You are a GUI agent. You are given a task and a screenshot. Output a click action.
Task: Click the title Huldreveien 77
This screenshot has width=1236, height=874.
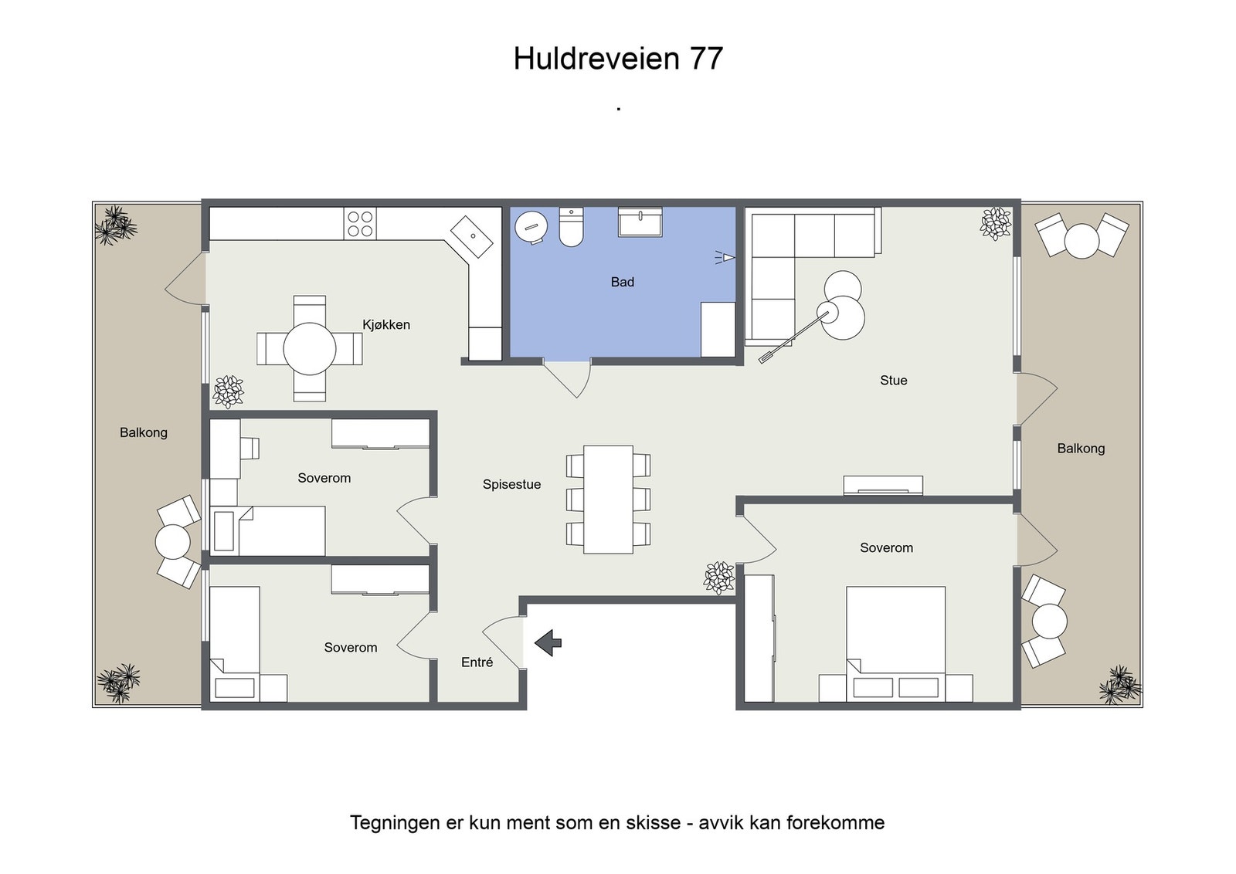pyautogui.click(x=618, y=59)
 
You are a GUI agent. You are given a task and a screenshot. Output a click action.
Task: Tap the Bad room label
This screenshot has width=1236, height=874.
pyautogui.click(x=622, y=283)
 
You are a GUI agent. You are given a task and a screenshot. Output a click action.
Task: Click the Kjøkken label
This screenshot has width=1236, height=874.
pyautogui.click(x=386, y=325)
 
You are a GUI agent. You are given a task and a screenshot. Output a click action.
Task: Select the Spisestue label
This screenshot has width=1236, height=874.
pyautogui.click(x=511, y=485)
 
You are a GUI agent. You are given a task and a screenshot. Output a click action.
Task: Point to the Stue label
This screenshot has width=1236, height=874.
pyautogui.click(x=893, y=381)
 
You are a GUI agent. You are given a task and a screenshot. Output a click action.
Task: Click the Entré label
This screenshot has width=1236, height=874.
pyautogui.click(x=477, y=662)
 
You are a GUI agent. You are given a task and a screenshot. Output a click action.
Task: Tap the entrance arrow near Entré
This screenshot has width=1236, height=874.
pyautogui.click(x=548, y=642)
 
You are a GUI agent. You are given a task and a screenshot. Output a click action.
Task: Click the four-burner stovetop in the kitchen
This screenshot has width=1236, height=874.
pyautogui.click(x=360, y=224)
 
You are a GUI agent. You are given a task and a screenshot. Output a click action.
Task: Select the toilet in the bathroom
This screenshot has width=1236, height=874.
pyautogui.click(x=571, y=227)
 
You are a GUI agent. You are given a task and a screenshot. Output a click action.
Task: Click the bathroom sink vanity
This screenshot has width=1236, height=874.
pyautogui.click(x=640, y=222)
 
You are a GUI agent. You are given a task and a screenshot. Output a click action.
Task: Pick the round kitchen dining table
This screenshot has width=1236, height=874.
pyautogui.click(x=309, y=349)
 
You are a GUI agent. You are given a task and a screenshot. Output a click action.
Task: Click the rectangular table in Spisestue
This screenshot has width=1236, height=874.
pyautogui.click(x=608, y=499)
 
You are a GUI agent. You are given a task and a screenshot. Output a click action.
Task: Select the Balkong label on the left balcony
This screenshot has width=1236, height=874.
pyautogui.click(x=144, y=433)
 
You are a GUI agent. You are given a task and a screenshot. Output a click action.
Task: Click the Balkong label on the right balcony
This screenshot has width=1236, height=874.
pyautogui.click(x=1081, y=449)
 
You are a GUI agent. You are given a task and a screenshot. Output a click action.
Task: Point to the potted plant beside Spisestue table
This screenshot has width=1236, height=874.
pyautogui.click(x=719, y=578)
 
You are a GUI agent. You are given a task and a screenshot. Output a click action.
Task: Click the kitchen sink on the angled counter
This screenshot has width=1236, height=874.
pyautogui.click(x=472, y=236)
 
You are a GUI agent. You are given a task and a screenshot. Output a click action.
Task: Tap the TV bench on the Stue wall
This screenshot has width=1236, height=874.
pyautogui.click(x=883, y=486)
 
